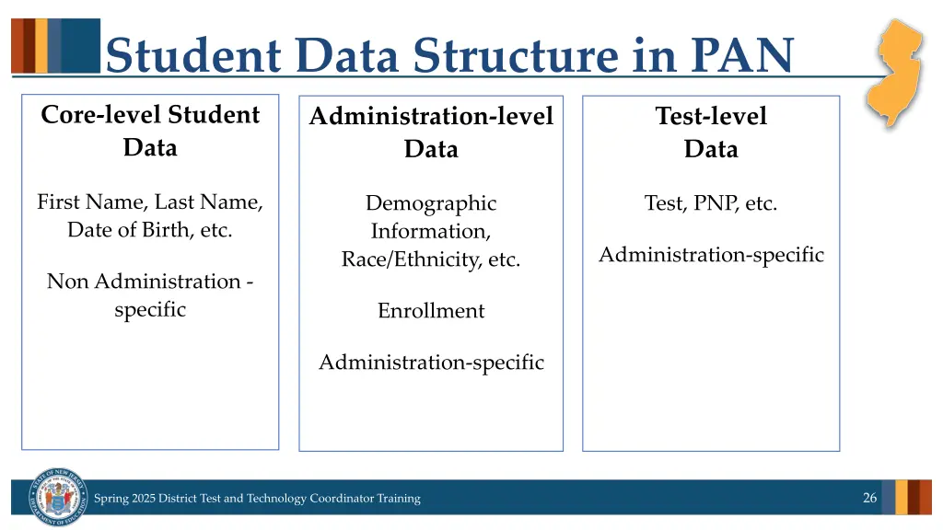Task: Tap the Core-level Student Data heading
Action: pyautogui.click(x=150, y=131)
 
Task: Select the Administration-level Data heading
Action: pyautogui.click(x=431, y=132)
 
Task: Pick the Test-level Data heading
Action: pyautogui.click(x=711, y=132)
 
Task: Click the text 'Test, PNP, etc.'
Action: pyautogui.click(x=711, y=203)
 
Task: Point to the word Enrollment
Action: pyautogui.click(x=431, y=311)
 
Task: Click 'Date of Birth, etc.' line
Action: pyautogui.click(x=150, y=230)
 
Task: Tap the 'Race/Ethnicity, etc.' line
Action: pyautogui.click(x=431, y=259)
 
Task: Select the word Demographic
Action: pyautogui.click(x=431, y=203)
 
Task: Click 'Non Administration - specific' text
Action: pyautogui.click(x=150, y=294)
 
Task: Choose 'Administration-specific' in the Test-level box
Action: pyautogui.click(x=711, y=255)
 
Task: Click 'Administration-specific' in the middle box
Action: pyautogui.click(x=431, y=363)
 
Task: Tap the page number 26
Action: pyautogui.click(x=869, y=498)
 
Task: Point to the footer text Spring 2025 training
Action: pyautogui.click(x=257, y=499)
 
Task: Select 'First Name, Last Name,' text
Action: pyautogui.click(x=150, y=202)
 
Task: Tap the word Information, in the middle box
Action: pyautogui.click(x=431, y=231)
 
